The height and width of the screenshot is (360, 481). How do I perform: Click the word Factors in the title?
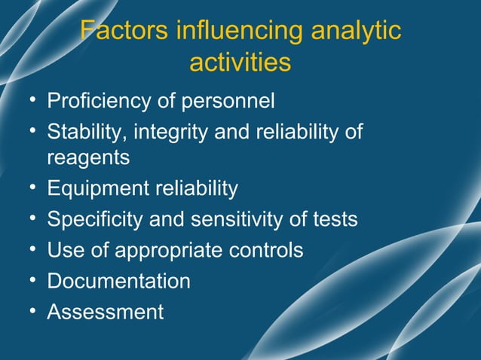pos(124,32)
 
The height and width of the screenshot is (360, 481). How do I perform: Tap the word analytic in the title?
pos(355,32)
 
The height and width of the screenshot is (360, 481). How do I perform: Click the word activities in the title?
pos(240,63)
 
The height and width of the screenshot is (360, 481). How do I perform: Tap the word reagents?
pos(87,158)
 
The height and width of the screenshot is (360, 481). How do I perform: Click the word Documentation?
pos(118,281)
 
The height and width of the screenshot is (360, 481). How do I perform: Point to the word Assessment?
pos(105,311)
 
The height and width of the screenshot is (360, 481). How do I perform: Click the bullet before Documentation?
pos(29,281)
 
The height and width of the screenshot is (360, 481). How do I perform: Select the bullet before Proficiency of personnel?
pos(29,100)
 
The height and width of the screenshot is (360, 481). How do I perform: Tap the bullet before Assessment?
pos(29,311)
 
